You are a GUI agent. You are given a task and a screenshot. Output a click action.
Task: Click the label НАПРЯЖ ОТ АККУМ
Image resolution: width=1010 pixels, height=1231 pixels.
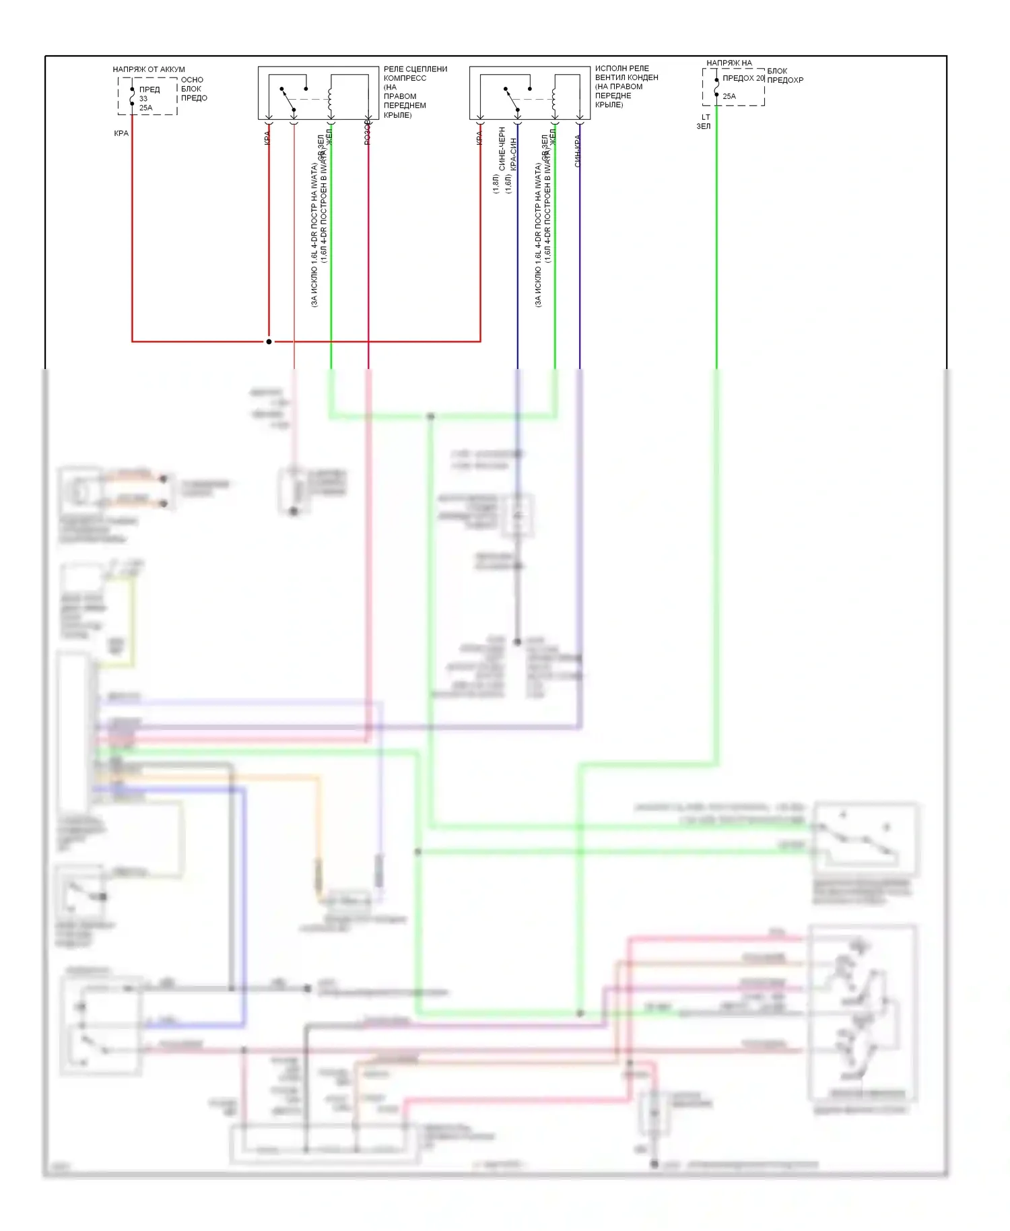tap(148, 69)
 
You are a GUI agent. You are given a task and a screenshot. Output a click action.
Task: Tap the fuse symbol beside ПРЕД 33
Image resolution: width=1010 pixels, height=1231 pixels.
tap(132, 96)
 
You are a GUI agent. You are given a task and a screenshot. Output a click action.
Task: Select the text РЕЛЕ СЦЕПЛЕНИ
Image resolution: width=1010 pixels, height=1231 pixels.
tap(415, 69)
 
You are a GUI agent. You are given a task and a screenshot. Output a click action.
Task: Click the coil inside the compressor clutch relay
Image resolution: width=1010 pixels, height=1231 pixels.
tap(330, 100)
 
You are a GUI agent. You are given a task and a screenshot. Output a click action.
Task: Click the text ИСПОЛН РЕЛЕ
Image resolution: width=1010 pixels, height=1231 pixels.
tap(621, 68)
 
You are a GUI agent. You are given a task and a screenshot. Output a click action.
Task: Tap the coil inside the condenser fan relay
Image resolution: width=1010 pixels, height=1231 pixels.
tap(554, 100)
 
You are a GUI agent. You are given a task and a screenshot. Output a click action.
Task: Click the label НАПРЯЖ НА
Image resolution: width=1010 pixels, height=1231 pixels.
tap(729, 63)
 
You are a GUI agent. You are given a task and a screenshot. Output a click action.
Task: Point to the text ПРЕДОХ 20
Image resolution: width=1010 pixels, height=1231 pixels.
tap(743, 78)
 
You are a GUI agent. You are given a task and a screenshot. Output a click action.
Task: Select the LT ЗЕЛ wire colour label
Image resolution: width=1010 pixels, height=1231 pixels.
tap(704, 122)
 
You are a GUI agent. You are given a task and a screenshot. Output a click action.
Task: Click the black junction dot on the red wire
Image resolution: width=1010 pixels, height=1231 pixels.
tap(269, 341)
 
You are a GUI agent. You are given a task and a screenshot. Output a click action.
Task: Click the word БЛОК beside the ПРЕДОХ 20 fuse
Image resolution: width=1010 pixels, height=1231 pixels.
tap(776, 71)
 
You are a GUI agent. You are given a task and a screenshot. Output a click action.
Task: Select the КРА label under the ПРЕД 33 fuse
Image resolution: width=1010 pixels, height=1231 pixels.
tap(121, 133)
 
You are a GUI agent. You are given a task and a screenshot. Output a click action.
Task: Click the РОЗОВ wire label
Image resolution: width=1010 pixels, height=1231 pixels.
tap(368, 133)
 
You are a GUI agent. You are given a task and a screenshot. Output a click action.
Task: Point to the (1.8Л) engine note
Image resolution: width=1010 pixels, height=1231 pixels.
tap(496, 184)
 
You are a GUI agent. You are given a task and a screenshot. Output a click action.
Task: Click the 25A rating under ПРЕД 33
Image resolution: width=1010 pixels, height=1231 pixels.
tap(145, 108)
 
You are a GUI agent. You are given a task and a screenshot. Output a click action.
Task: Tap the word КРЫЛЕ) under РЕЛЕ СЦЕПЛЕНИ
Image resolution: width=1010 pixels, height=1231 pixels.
tap(397, 115)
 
